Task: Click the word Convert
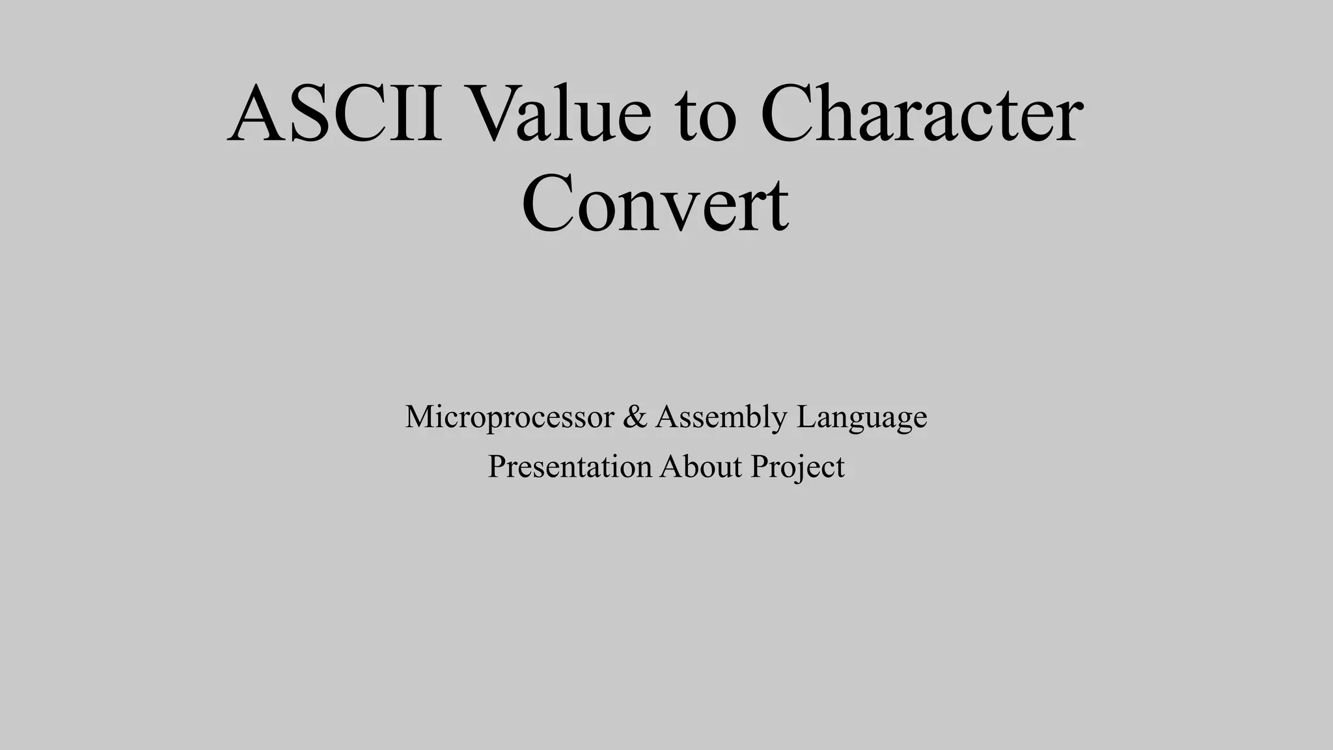655,204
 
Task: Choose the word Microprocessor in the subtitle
509,417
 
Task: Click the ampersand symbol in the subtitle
635,417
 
